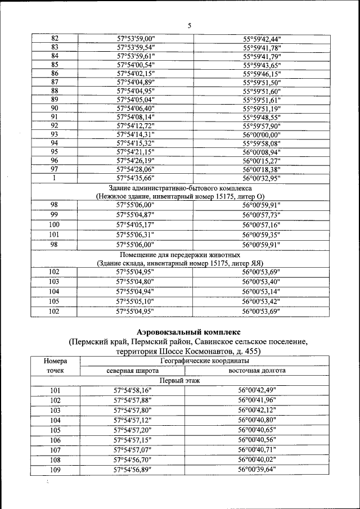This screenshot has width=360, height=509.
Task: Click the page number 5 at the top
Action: click(x=189, y=26)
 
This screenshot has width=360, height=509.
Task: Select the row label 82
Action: click(x=55, y=38)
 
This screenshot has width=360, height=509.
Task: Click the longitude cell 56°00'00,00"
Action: click(x=262, y=134)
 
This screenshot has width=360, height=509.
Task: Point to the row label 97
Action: click(x=55, y=169)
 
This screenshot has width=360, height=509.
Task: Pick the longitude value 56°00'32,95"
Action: click(x=262, y=178)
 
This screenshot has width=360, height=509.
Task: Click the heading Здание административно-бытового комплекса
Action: click(x=180, y=187)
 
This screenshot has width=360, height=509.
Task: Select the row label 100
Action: click(x=55, y=224)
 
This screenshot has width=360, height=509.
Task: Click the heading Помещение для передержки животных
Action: click(x=180, y=254)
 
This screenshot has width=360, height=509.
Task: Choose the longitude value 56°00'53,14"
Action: click(x=262, y=291)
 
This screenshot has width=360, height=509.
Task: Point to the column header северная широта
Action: click(x=133, y=371)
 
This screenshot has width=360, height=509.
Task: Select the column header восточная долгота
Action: click(x=257, y=371)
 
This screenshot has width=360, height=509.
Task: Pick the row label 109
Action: click(x=55, y=469)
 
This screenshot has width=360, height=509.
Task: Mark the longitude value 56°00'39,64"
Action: click(x=257, y=469)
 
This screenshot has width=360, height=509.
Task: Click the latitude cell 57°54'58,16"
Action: click(x=133, y=390)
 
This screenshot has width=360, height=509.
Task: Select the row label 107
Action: click(x=55, y=449)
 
